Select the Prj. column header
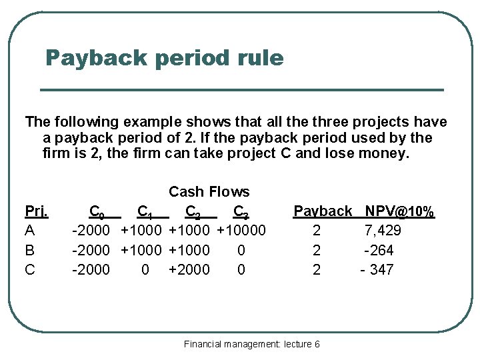point(36,211)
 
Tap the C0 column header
point(97,212)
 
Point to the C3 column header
point(241,212)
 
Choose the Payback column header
point(323,211)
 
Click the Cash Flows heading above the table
point(209,192)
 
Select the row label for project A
point(29,231)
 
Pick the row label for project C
point(30,269)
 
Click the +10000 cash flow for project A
point(241,231)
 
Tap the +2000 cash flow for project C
point(189,269)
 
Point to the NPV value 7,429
point(383,231)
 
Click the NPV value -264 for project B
point(379,250)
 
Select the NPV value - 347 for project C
point(377,269)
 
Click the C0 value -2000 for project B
point(91,250)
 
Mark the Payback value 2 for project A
point(317,231)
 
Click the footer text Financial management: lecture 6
point(252,344)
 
